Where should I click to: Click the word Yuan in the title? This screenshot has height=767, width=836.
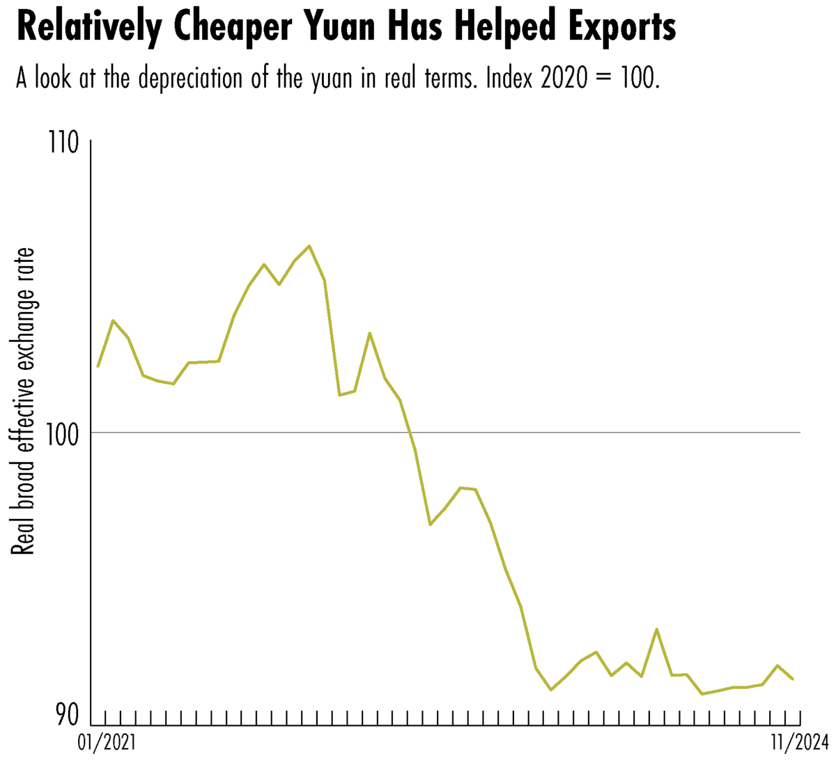(343, 28)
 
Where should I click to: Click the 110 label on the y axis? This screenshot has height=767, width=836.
(64, 143)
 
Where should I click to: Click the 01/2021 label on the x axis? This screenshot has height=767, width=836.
(107, 744)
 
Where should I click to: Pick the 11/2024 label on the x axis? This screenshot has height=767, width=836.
(798, 744)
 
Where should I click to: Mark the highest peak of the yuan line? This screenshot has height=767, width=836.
(309, 246)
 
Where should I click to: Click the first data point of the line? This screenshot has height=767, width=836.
(98, 366)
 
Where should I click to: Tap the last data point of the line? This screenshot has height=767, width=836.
(793, 679)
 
